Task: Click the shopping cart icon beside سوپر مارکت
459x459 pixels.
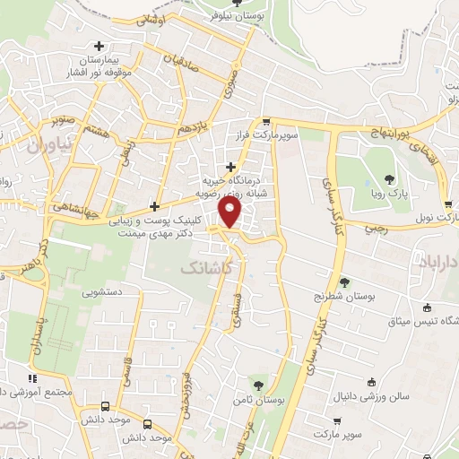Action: (336, 420)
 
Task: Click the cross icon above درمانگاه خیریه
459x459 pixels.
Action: (232, 166)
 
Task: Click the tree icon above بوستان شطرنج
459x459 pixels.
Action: (345, 281)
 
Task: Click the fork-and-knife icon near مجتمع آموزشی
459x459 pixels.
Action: (32, 377)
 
